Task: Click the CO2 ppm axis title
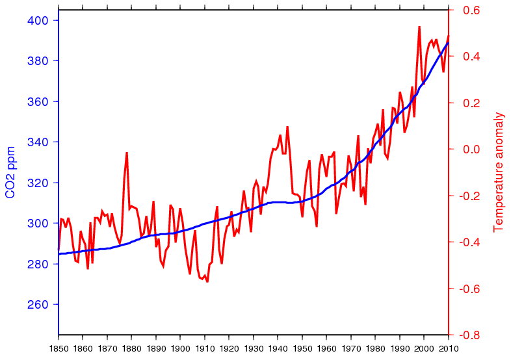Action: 11,172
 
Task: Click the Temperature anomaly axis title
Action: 499,172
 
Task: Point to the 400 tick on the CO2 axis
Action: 39,20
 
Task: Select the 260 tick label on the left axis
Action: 39,305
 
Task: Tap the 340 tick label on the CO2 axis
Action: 39,142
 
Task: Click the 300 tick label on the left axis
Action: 39,224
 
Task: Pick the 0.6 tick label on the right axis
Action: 471,10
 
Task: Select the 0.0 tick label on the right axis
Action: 471,149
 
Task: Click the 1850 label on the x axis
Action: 59,348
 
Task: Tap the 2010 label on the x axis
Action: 449,348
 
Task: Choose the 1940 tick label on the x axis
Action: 278,348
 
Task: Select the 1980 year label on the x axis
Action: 375,348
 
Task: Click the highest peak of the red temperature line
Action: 419,27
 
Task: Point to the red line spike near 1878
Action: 127,153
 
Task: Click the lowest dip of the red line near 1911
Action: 207,281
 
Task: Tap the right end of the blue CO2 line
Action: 448,43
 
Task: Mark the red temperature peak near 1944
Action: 287,127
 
